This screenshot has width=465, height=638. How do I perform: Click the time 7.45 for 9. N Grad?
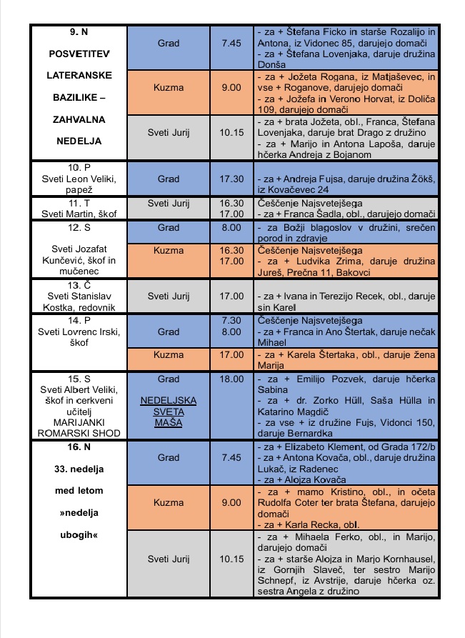point(231,44)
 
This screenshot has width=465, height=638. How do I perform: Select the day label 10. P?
point(79,167)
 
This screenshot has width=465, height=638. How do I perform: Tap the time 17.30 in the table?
point(232,179)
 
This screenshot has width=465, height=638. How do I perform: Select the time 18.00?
point(232,379)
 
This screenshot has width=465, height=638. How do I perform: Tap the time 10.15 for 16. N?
point(232,559)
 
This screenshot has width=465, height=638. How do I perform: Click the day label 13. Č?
point(79,285)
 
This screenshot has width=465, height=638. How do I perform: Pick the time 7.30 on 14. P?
point(232,321)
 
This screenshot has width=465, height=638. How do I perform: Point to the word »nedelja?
point(79,513)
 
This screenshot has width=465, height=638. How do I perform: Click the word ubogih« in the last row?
point(79,534)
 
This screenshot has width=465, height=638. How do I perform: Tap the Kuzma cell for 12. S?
point(169,251)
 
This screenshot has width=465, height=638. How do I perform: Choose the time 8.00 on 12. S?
point(232,228)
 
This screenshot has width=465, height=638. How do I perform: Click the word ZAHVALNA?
point(79,117)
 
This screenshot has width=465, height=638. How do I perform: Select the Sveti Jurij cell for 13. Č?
point(169,295)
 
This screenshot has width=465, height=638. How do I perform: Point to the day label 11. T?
point(79,204)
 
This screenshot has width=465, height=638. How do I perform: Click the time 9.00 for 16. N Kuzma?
point(231,502)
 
